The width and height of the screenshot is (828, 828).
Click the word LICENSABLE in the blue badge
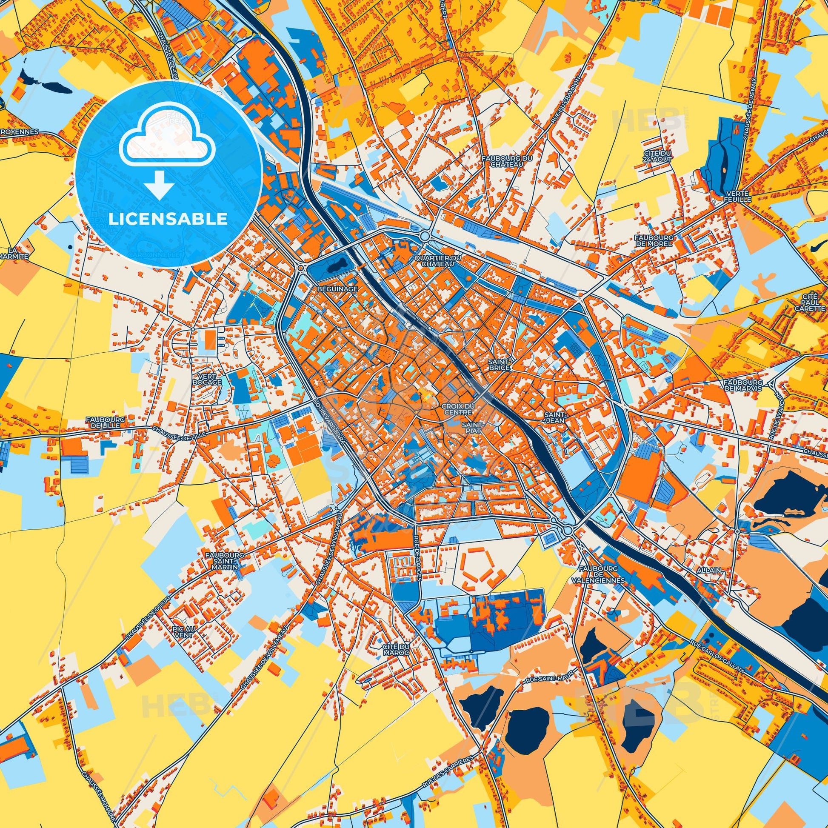click(x=168, y=219)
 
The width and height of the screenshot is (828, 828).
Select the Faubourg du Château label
click(x=507, y=161)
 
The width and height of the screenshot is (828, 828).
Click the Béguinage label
click(x=337, y=289)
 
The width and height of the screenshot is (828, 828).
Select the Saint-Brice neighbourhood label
click(x=499, y=365)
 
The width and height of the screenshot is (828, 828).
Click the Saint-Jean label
click(x=555, y=418)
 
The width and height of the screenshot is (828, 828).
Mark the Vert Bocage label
click(x=207, y=379)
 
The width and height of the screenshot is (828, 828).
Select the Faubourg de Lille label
click(x=105, y=422)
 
